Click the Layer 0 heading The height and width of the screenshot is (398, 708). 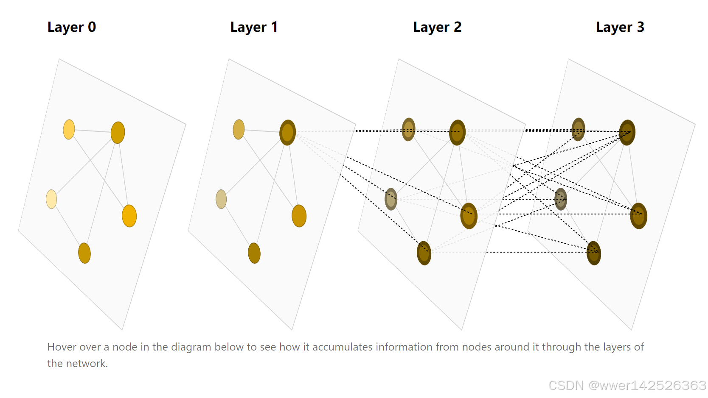[x=72, y=27]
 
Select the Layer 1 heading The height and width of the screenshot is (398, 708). [x=254, y=27]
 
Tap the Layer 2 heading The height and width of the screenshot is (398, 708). [x=437, y=27]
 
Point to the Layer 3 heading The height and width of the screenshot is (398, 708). [x=620, y=27]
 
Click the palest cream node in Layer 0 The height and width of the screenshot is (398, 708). [x=51, y=199]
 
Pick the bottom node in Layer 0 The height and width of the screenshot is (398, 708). [x=84, y=253]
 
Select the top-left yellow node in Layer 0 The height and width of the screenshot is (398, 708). [x=69, y=129]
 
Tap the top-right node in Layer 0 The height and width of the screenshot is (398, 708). [x=118, y=132]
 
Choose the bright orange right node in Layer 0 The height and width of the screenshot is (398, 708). [x=129, y=216]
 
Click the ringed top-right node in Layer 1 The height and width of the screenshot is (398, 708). [x=287, y=132]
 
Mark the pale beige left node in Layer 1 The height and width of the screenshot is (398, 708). [x=221, y=199]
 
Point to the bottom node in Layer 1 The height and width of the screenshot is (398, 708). [x=254, y=253]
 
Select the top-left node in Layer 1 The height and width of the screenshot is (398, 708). [x=239, y=129]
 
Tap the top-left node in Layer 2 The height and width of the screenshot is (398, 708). [x=408, y=129]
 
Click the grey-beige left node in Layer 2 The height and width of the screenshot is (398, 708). [x=391, y=199]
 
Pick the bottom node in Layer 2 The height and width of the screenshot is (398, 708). [x=424, y=253]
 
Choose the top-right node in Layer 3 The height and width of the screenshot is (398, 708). [x=627, y=132]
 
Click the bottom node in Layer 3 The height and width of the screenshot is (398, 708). [x=594, y=253]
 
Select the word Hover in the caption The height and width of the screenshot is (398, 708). [x=62, y=347]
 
